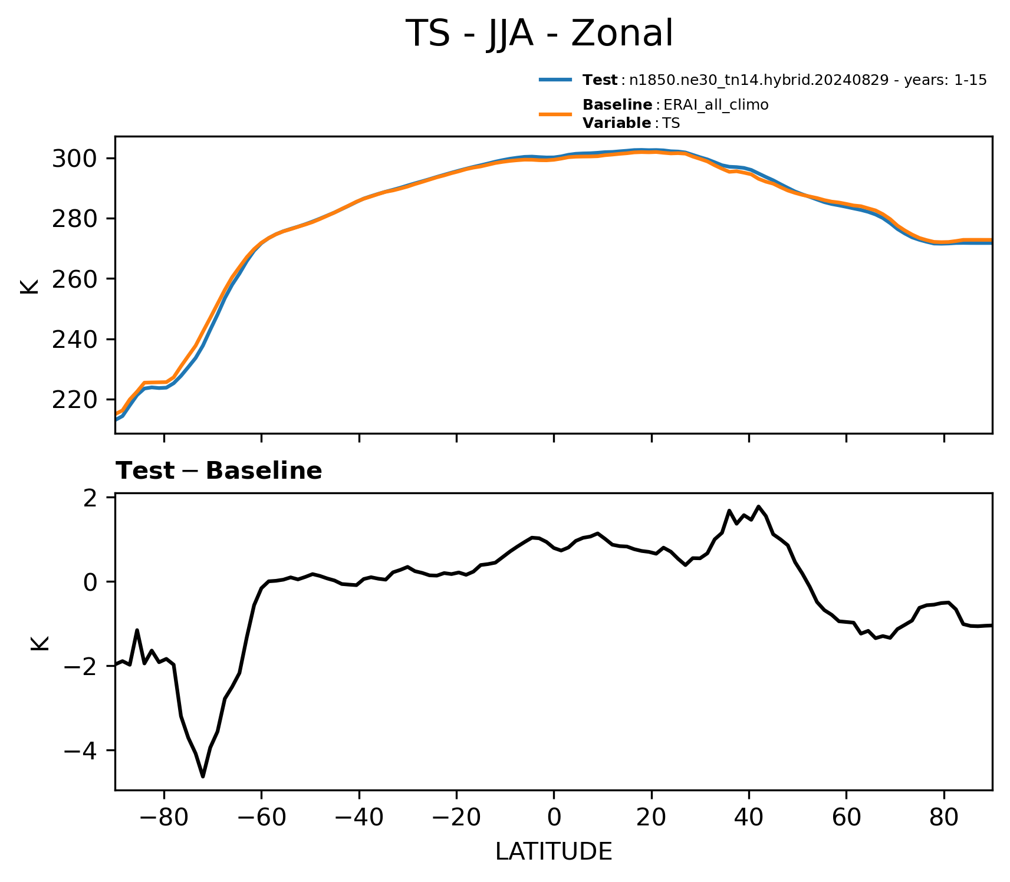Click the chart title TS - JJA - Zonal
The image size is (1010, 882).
539,34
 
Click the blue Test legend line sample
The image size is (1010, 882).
555,80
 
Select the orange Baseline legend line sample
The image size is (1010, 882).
555,114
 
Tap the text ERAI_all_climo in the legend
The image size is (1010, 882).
716,105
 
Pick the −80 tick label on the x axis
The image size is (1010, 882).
164,817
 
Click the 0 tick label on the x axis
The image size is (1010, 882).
554,817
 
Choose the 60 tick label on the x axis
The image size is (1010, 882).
846,817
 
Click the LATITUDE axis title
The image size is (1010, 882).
554,851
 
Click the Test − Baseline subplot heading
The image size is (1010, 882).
219,471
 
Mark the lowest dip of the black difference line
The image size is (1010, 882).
203,776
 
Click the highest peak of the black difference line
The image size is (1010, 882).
759,506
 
